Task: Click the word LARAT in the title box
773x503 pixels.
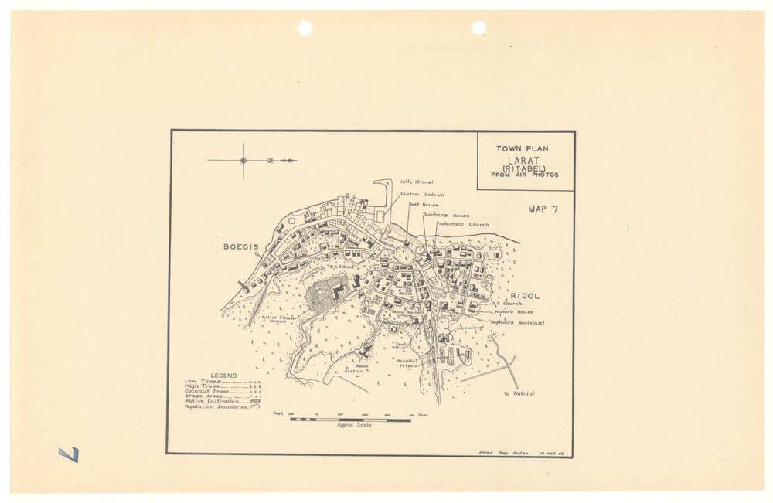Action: pyautogui.click(x=524, y=160)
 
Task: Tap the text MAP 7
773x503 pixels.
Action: pyautogui.click(x=543, y=209)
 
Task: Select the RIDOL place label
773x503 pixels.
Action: pyautogui.click(x=525, y=296)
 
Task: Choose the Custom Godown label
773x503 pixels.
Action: pyautogui.click(x=422, y=195)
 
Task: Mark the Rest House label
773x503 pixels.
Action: pyautogui.click(x=424, y=205)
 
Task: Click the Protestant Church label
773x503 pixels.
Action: pyautogui.click(x=462, y=224)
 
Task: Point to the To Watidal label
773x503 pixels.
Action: pyautogui.click(x=518, y=394)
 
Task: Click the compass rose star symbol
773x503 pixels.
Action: pyautogui.click(x=243, y=161)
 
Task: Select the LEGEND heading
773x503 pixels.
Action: pyautogui.click(x=224, y=376)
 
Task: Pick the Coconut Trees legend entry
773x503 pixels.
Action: pyautogui.click(x=205, y=391)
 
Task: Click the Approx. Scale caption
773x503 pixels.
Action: pyautogui.click(x=354, y=425)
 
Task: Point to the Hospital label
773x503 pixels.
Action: pyautogui.click(x=407, y=360)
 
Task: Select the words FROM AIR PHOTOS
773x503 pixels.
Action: pyautogui.click(x=524, y=175)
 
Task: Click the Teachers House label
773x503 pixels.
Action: pyautogui.click(x=446, y=215)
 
